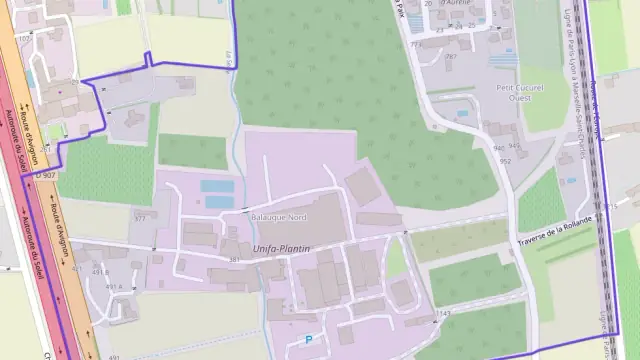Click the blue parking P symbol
pyautogui.click(x=308, y=340)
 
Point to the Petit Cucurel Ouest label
pyautogui.click(x=519, y=93)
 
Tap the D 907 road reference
pyautogui.click(x=43, y=174)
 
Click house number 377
pyautogui.click(x=139, y=217)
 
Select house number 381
pyautogui.click(x=234, y=260)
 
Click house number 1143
pyautogui.click(x=443, y=314)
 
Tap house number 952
pyautogui.click(x=505, y=161)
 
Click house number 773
pyautogui.click(x=415, y=44)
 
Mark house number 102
pyautogui.click(x=23, y=39)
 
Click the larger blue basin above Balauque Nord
pyautogui.click(x=217, y=186)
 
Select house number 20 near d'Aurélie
pyautogui.click(x=427, y=4)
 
